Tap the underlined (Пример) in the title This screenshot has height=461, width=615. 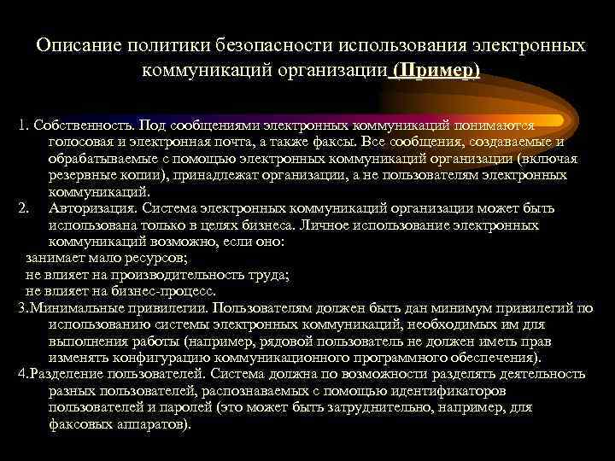[x=434, y=70]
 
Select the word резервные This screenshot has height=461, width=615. [x=82, y=175]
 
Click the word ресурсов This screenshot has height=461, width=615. [x=155, y=258]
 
